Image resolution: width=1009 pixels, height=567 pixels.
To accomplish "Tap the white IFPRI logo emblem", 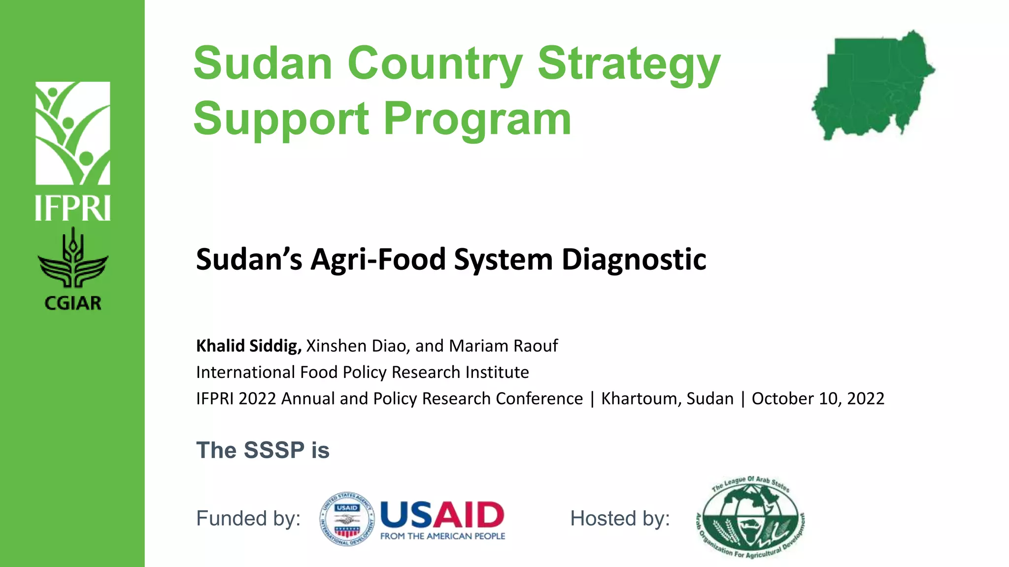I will coord(73,133).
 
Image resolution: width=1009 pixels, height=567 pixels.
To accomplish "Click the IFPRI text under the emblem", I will coord(73,208).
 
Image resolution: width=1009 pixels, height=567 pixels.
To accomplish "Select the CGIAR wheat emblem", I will coord(73,258).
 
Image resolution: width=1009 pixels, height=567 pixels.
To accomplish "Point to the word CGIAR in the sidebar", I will coord(73,303).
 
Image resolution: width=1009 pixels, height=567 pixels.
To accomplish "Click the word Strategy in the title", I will coord(629,64).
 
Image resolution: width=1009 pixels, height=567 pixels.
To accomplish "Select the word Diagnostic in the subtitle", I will coord(634,259).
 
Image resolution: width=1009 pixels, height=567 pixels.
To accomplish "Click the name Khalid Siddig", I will coord(248,346).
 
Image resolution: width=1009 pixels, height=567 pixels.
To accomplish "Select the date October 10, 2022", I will coord(818,398).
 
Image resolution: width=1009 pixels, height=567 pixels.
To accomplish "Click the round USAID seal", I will coord(347,519).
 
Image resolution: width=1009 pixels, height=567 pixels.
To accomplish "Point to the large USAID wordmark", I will coord(442,515).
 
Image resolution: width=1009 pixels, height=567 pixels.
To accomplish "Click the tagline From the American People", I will coord(442,536).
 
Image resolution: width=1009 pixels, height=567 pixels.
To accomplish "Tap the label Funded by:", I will coord(248,518).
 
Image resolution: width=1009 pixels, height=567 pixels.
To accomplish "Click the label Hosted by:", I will coord(620,518).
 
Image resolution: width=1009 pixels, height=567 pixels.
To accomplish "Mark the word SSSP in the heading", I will coord(274,450).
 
